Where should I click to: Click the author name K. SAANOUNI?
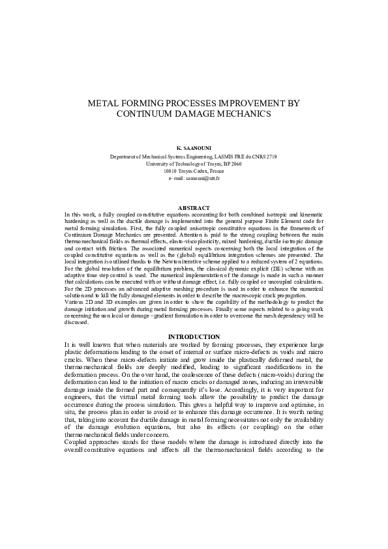point(194,149)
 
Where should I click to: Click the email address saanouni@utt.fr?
point(202,177)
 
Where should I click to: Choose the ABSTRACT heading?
point(194,207)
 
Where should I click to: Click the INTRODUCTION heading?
point(194,336)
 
